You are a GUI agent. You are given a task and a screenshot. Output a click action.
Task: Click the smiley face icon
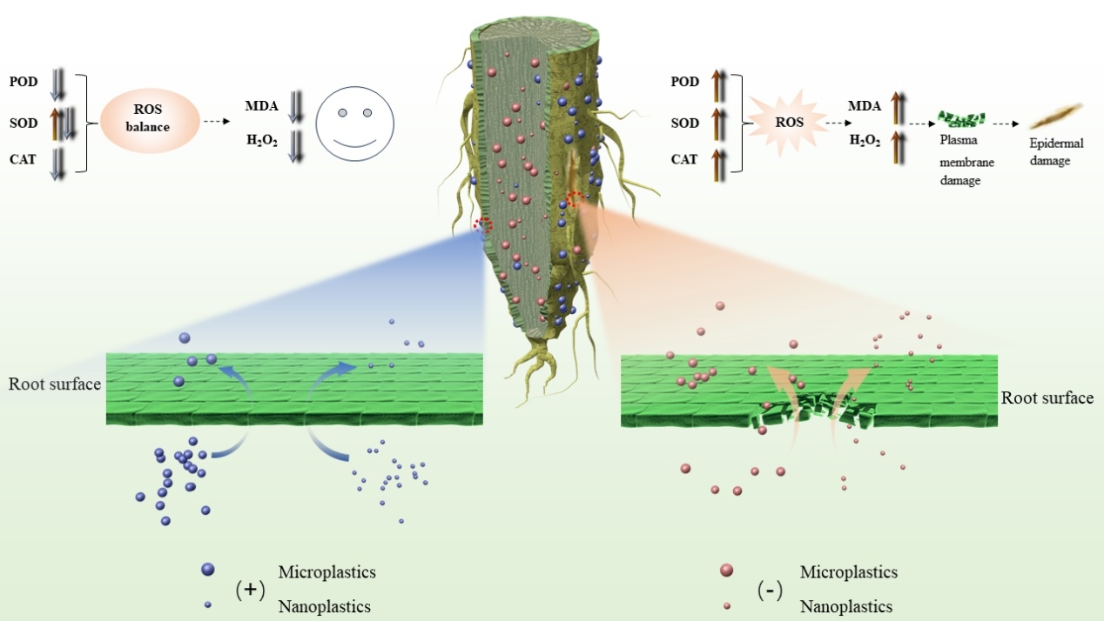click(x=354, y=124)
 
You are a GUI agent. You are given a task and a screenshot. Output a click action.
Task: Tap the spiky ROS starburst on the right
click(x=790, y=123)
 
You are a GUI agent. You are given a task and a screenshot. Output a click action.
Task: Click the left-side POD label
click(x=24, y=82)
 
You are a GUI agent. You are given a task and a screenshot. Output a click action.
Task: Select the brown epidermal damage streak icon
click(x=1056, y=117)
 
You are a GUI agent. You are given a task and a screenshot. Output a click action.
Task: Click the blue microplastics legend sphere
click(x=207, y=570)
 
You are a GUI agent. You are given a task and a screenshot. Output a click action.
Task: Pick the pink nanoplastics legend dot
click(x=727, y=605)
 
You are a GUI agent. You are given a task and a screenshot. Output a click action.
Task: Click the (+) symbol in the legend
click(x=250, y=590)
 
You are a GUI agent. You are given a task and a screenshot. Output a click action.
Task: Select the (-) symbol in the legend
click(x=770, y=591)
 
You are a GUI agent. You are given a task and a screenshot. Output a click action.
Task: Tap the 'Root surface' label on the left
click(x=55, y=384)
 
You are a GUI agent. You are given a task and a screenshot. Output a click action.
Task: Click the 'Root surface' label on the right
click(x=1047, y=398)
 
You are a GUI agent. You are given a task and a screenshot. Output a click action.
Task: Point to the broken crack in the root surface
click(x=813, y=410)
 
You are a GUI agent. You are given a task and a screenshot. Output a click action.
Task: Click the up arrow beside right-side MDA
click(x=897, y=108)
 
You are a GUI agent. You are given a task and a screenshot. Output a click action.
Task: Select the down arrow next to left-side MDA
click(x=296, y=107)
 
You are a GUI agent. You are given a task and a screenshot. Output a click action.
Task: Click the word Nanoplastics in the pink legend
click(x=845, y=606)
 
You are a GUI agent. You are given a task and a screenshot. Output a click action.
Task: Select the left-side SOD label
click(x=24, y=123)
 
